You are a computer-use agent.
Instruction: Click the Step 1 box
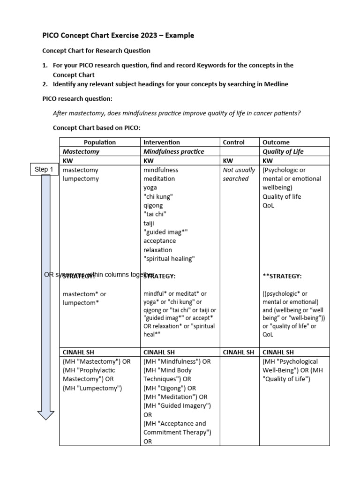click(x=45, y=169)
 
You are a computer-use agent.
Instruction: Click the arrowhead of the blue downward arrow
click(x=45, y=414)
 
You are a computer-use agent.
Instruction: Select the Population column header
click(x=99, y=142)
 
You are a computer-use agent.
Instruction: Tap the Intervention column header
click(x=161, y=142)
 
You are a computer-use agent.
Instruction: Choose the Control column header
click(x=233, y=142)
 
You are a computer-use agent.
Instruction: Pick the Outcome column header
click(x=276, y=142)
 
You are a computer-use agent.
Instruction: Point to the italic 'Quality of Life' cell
click(x=283, y=151)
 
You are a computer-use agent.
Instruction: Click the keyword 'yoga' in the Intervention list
click(x=151, y=187)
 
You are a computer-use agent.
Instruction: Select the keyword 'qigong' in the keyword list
click(x=153, y=205)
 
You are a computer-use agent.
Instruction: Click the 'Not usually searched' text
click(x=239, y=174)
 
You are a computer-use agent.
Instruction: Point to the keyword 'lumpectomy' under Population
click(x=81, y=179)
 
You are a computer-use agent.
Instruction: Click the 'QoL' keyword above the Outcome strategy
click(x=269, y=205)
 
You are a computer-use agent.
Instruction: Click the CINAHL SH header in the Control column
click(x=239, y=352)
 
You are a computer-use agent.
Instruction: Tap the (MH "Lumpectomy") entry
click(x=92, y=388)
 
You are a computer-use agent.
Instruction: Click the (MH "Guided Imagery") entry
click(x=177, y=405)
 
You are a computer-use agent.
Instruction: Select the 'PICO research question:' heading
click(x=77, y=99)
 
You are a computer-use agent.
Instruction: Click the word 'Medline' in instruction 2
click(x=276, y=84)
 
